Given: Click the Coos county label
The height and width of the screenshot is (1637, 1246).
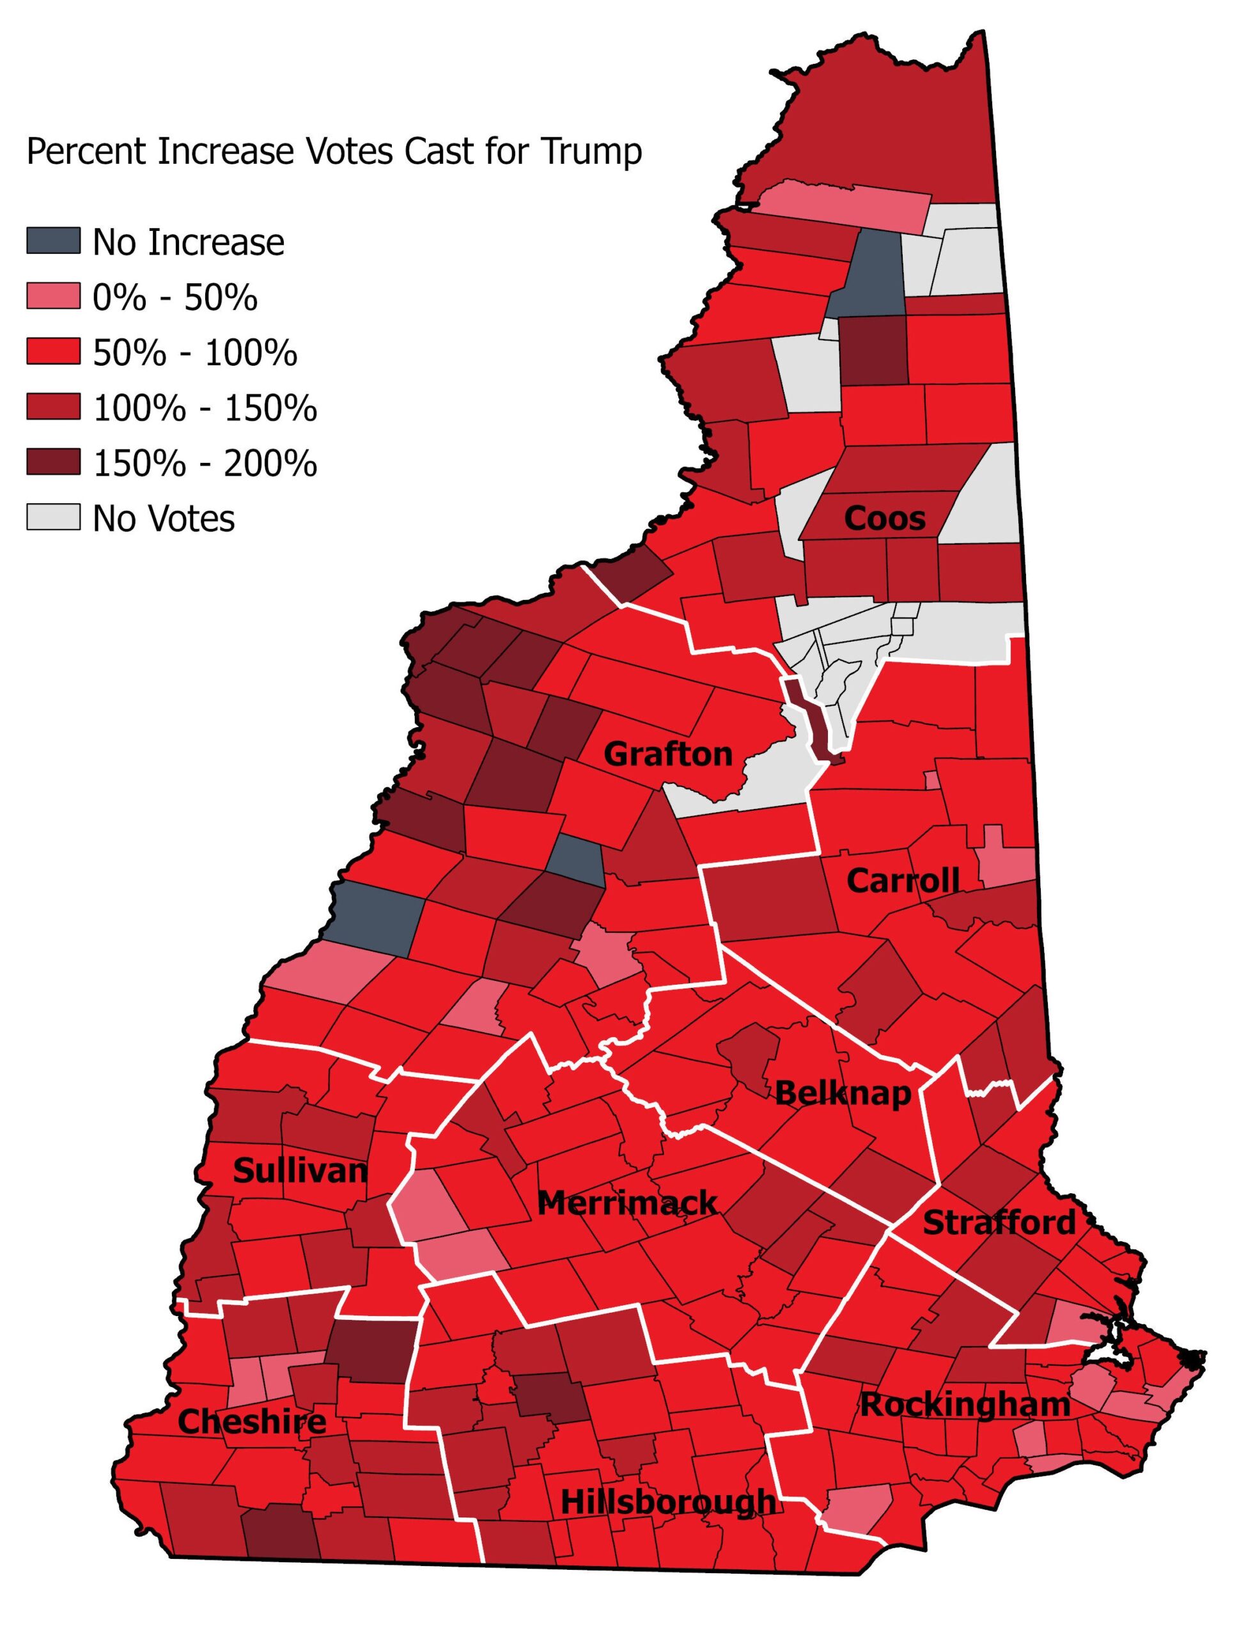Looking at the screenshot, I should pos(884,519).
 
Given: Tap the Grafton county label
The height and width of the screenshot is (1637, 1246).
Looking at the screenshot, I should pos(667,755).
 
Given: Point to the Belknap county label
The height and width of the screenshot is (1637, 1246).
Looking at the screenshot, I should pos(843,1093).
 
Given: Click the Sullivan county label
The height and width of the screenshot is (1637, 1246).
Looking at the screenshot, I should pos(300,1171).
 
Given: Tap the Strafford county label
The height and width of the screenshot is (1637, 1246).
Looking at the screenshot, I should pos(999,1223).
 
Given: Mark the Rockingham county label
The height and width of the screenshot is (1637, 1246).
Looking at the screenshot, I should pos(964,1405).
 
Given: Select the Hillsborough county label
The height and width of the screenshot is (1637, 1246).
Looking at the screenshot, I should pos(667,1502).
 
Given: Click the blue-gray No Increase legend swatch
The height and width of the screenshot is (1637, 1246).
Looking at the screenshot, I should pos(54,241).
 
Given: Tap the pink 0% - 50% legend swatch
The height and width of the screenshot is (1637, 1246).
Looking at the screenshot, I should pos(54,296).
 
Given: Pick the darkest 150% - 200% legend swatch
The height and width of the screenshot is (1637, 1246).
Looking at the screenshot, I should pos(54,462).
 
